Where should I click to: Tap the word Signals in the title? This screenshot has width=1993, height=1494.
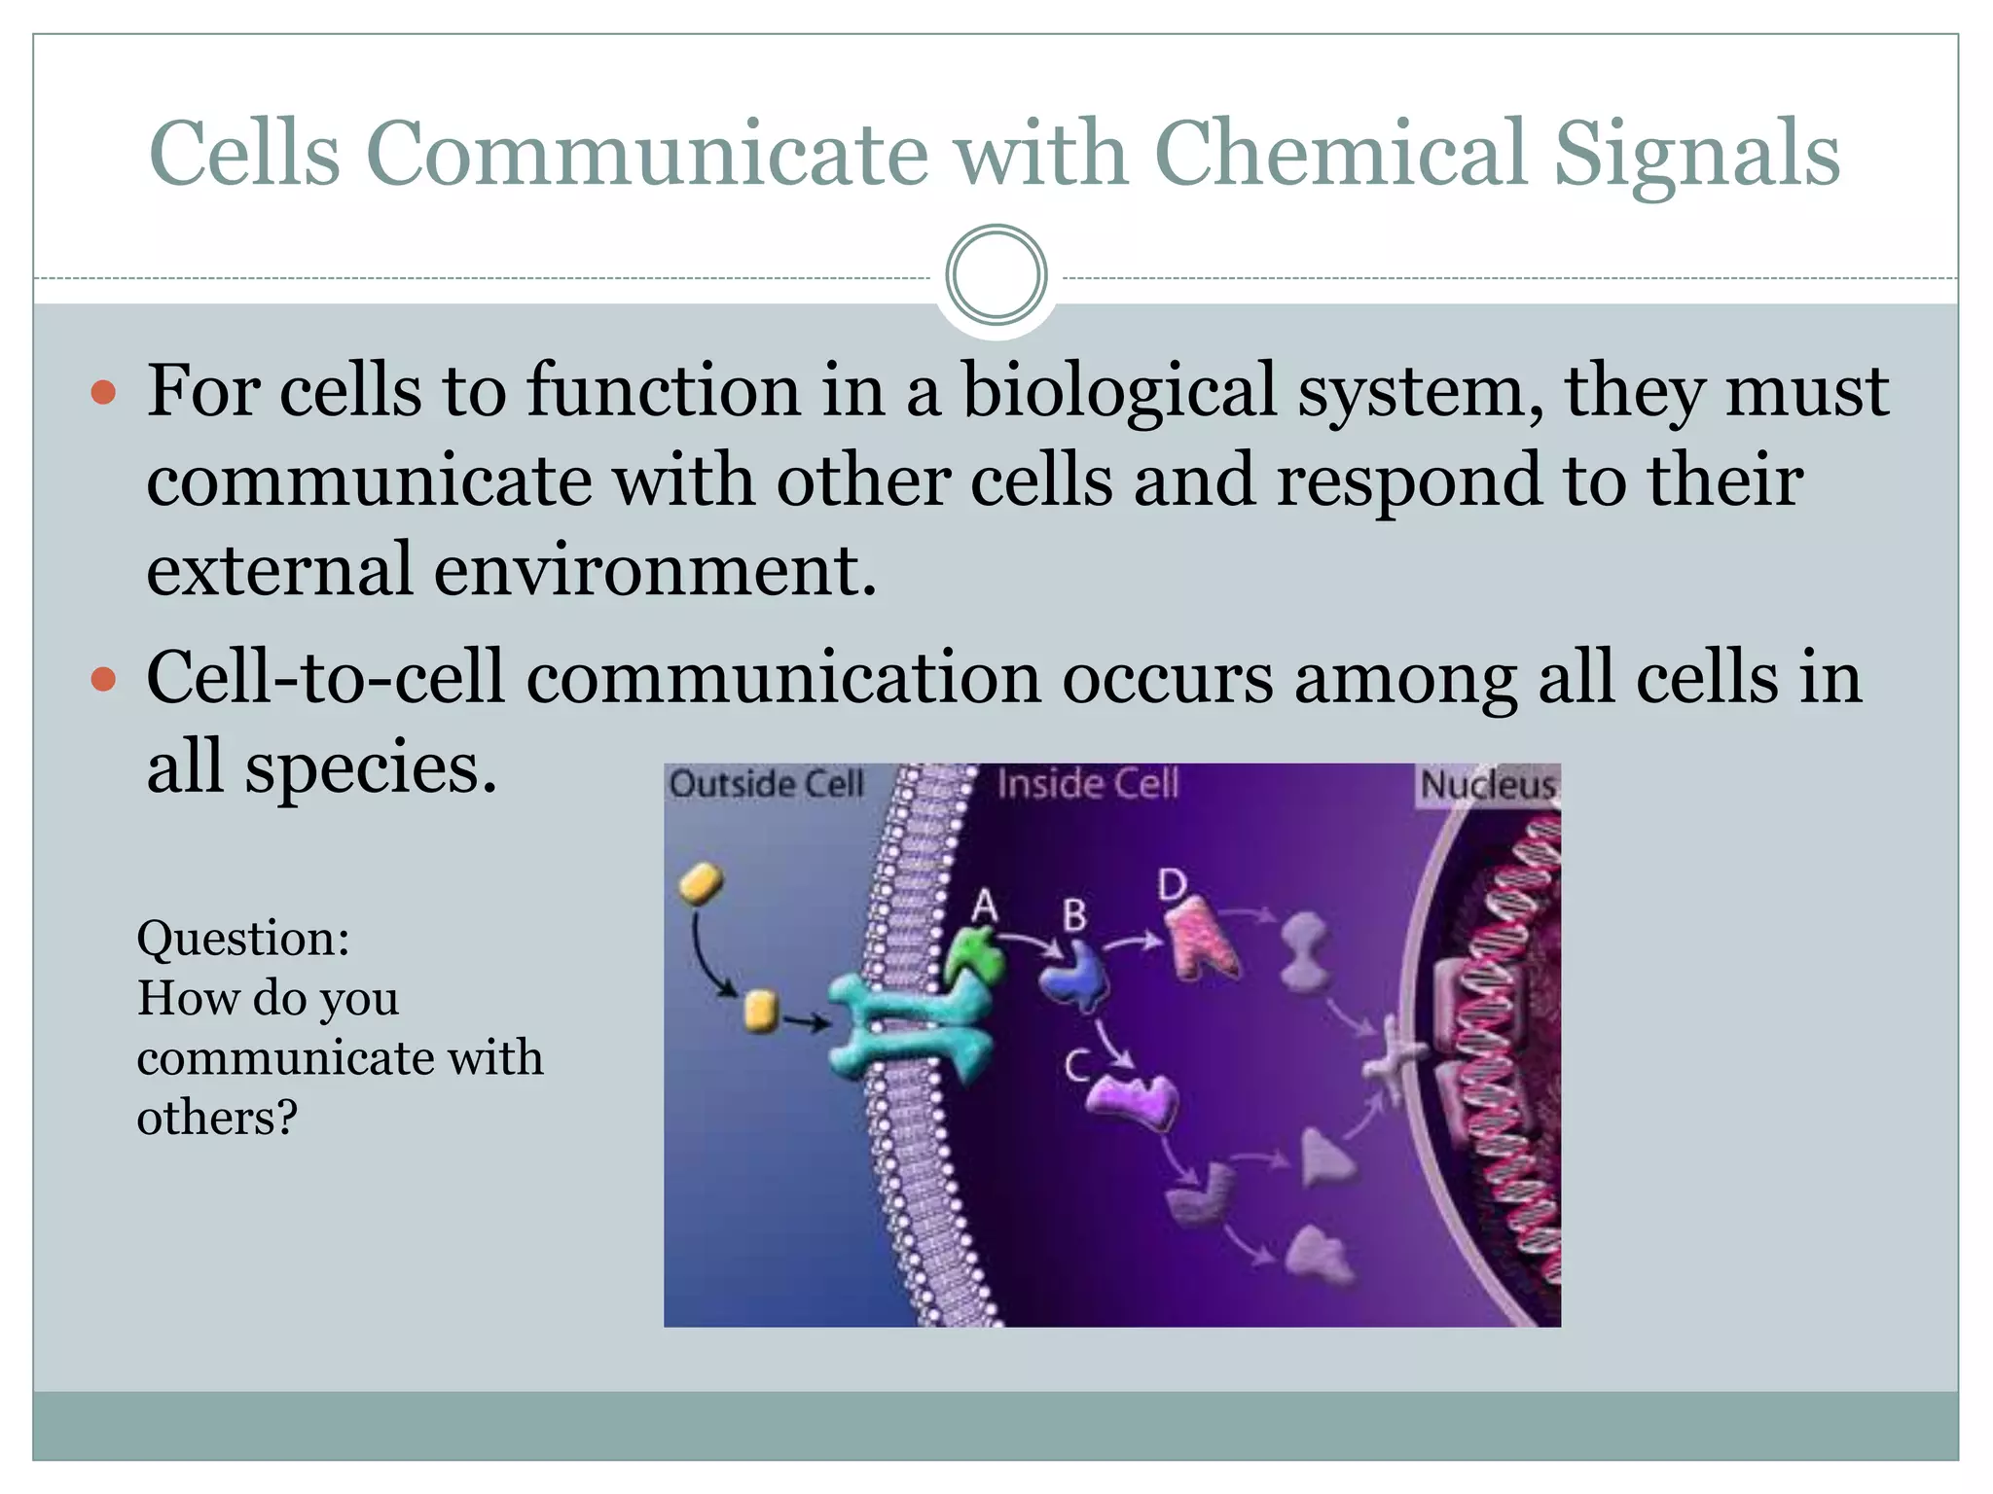click(x=1696, y=156)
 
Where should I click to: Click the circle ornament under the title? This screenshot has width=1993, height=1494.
click(x=996, y=275)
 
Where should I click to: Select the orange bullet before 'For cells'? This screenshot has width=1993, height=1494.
click(x=103, y=394)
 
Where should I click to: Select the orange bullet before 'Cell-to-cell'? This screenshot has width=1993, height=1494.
click(x=103, y=679)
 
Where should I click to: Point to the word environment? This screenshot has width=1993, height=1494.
click(x=653, y=570)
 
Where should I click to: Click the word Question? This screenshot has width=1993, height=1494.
click(x=243, y=939)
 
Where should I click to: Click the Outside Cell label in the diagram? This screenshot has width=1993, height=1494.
click(x=766, y=784)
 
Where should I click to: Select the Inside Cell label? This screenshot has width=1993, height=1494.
click(x=1087, y=784)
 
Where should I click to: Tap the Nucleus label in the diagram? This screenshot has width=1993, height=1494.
click(x=1487, y=785)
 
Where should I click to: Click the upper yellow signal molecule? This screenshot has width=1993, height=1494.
click(x=701, y=882)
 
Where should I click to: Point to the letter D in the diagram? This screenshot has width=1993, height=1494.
click(x=1173, y=885)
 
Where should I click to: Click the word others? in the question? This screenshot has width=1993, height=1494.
click(x=217, y=1118)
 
